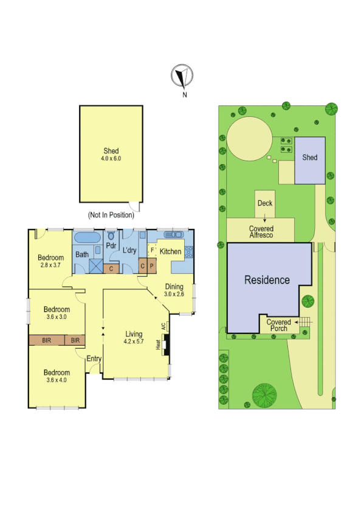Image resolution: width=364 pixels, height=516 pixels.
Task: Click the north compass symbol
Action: (181, 76)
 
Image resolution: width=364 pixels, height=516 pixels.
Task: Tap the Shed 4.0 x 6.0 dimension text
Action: (111, 158)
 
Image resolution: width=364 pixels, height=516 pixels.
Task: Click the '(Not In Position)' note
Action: (111, 215)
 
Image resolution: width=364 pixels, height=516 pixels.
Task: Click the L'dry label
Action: (129, 250)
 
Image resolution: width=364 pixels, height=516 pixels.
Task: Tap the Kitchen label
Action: (171, 251)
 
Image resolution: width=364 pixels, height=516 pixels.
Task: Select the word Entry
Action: (94, 358)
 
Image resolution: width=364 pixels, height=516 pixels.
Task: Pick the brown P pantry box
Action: (151, 266)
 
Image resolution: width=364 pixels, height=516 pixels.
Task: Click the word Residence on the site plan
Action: (267, 280)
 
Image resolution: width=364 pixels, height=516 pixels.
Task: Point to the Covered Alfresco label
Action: (261, 232)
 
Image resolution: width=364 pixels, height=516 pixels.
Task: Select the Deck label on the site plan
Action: (265, 203)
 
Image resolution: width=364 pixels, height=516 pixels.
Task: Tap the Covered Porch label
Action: (279, 325)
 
